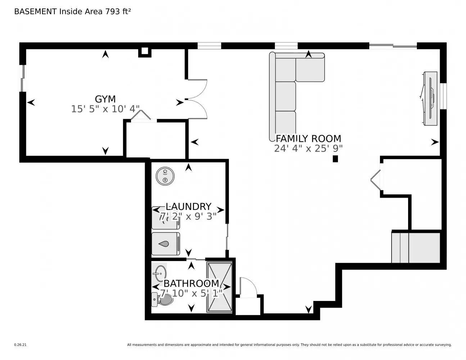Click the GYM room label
point(105,99)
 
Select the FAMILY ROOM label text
point(308,139)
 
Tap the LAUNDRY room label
point(188,206)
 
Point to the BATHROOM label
point(191,283)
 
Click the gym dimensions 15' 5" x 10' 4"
point(105,109)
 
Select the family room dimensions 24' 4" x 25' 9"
point(308,148)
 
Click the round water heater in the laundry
point(165,176)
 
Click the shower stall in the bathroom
point(219,287)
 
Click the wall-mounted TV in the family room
point(430,98)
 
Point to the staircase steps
point(416,248)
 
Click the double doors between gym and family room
point(197,99)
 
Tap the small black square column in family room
point(335,159)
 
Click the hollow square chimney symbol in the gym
point(145,51)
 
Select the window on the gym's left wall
point(23,78)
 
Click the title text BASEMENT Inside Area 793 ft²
point(72,12)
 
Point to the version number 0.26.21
point(20,345)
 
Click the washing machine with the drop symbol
point(166,244)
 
